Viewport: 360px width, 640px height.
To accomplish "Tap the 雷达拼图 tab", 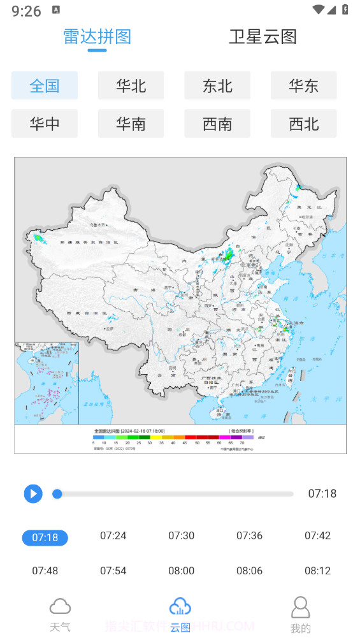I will click(x=97, y=36).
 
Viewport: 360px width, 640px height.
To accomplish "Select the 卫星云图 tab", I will click(x=263, y=36).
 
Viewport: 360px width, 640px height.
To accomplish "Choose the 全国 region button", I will click(x=45, y=85).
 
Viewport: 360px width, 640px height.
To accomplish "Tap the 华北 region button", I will click(x=131, y=85).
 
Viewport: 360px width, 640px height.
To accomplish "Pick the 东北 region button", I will click(x=217, y=85).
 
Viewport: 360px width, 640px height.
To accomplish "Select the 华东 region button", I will click(x=303, y=85).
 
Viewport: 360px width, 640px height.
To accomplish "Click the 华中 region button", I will click(x=45, y=124).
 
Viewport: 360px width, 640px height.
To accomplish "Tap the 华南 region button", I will click(x=131, y=124).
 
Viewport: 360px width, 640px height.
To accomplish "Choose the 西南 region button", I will click(x=217, y=124).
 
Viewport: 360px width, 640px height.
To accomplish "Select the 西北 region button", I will click(x=303, y=124).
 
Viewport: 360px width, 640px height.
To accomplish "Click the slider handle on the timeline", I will click(x=57, y=493).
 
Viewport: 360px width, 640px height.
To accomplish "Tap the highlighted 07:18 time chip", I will click(x=45, y=538).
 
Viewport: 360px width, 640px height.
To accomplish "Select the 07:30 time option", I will click(x=181, y=535).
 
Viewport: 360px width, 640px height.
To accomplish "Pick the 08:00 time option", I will click(x=181, y=571).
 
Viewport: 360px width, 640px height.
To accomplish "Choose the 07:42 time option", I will click(x=317, y=535).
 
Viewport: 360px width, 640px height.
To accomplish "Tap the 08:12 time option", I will click(x=317, y=571).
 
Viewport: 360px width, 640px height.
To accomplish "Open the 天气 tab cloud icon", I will click(x=60, y=606).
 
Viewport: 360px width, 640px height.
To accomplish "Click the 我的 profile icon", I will click(x=300, y=607).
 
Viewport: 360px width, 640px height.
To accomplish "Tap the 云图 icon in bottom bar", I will click(x=180, y=606).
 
